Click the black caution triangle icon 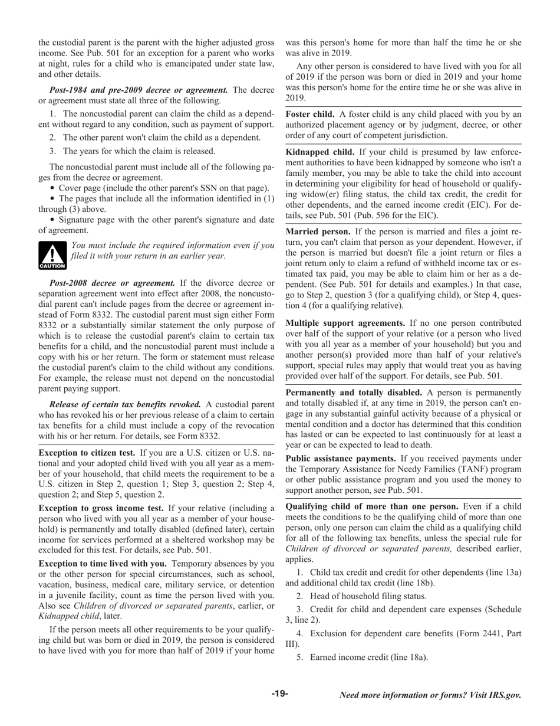(52, 256)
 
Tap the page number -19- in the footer (280, 694)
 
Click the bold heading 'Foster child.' (310, 113)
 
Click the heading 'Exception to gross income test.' (101, 508)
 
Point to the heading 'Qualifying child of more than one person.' (372, 506)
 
